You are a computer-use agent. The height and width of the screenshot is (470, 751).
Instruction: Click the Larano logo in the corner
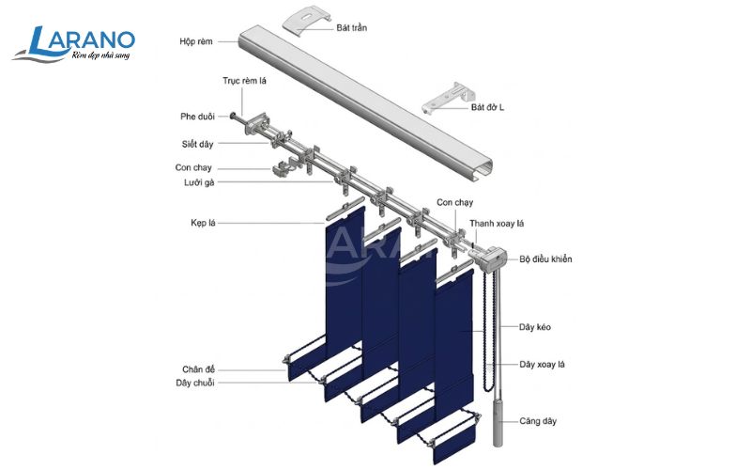(x=73, y=44)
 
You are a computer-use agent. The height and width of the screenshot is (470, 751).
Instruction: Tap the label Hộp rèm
(x=196, y=41)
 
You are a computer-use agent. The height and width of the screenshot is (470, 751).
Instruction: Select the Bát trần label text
(x=351, y=28)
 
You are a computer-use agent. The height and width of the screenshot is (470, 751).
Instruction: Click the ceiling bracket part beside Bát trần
(x=307, y=19)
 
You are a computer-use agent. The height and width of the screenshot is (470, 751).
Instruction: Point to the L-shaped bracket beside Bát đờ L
(x=448, y=99)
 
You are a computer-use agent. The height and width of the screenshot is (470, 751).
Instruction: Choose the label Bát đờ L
(x=487, y=107)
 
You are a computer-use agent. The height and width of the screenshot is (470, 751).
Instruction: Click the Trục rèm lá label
(x=244, y=81)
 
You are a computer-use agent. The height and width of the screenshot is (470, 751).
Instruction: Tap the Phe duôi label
(x=197, y=116)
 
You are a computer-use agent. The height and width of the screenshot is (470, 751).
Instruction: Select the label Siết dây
(x=197, y=144)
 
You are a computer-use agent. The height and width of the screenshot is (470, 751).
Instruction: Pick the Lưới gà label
(x=199, y=182)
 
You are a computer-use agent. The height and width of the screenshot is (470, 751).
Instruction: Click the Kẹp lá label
(x=203, y=223)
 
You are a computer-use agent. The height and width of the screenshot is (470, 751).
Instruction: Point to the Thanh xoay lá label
(x=497, y=224)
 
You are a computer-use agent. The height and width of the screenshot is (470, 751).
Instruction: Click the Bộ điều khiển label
(x=545, y=259)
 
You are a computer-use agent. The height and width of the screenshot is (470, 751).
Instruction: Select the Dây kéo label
(x=535, y=327)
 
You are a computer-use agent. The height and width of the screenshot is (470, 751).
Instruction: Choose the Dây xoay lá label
(x=542, y=365)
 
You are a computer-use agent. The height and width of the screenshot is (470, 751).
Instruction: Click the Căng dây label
(x=538, y=421)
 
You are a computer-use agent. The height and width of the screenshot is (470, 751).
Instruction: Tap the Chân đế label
(x=198, y=369)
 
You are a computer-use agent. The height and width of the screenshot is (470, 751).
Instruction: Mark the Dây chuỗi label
(x=195, y=383)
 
